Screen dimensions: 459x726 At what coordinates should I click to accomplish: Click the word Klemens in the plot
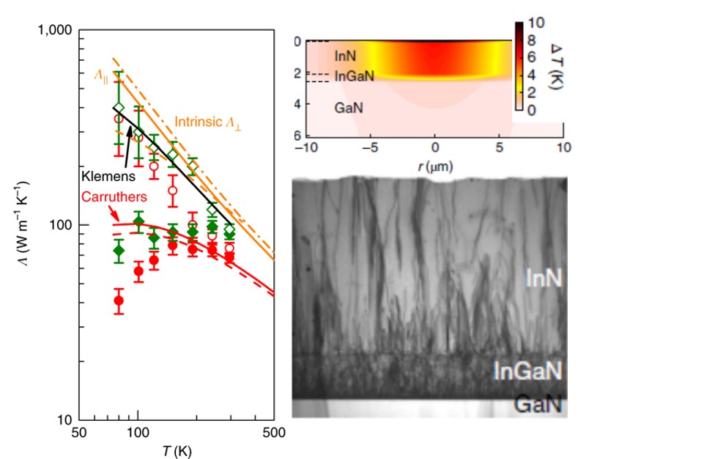100,177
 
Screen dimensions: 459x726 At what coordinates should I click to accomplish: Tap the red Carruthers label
109,197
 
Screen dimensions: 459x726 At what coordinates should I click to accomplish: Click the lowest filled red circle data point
119,301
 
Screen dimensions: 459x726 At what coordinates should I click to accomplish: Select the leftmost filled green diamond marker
119,251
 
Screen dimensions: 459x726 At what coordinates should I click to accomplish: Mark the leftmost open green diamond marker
119,108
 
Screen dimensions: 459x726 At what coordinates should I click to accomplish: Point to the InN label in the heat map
346,56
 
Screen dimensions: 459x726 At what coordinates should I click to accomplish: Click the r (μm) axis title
436,166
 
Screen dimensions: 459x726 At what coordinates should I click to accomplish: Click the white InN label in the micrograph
544,277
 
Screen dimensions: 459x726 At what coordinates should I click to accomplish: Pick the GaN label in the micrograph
540,405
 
